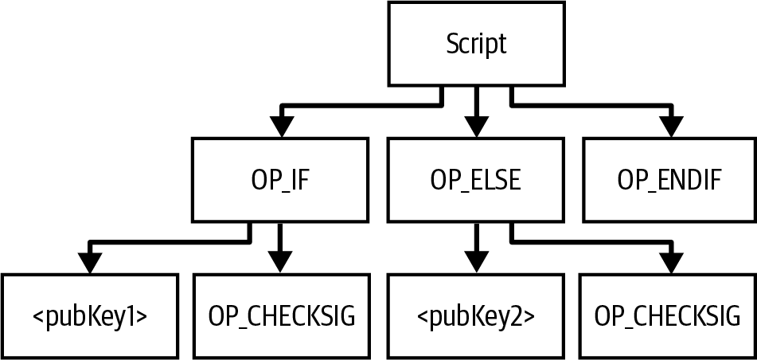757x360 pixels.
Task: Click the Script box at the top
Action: pos(476,45)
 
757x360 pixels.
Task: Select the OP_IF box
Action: pos(280,180)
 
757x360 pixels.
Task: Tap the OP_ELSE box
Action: pos(476,180)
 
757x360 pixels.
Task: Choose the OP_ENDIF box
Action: pos(669,180)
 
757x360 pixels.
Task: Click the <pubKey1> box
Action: pos(89,316)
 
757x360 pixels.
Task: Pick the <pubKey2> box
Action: pos(476,316)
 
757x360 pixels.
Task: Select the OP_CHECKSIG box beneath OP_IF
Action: pos(280,316)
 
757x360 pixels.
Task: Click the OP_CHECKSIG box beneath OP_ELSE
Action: pos(667,316)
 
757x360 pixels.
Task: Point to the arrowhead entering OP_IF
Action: pos(280,126)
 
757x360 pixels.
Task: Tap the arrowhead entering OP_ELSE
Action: pos(476,126)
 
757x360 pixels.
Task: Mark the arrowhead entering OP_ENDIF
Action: pos(672,126)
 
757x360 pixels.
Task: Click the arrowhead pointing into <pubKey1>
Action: pos(89,262)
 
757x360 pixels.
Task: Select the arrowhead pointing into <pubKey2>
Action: pos(476,262)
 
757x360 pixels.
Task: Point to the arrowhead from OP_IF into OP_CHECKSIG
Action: pos(280,262)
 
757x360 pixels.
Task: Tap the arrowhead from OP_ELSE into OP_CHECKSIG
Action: pos(672,262)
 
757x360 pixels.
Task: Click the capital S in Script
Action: pos(451,45)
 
